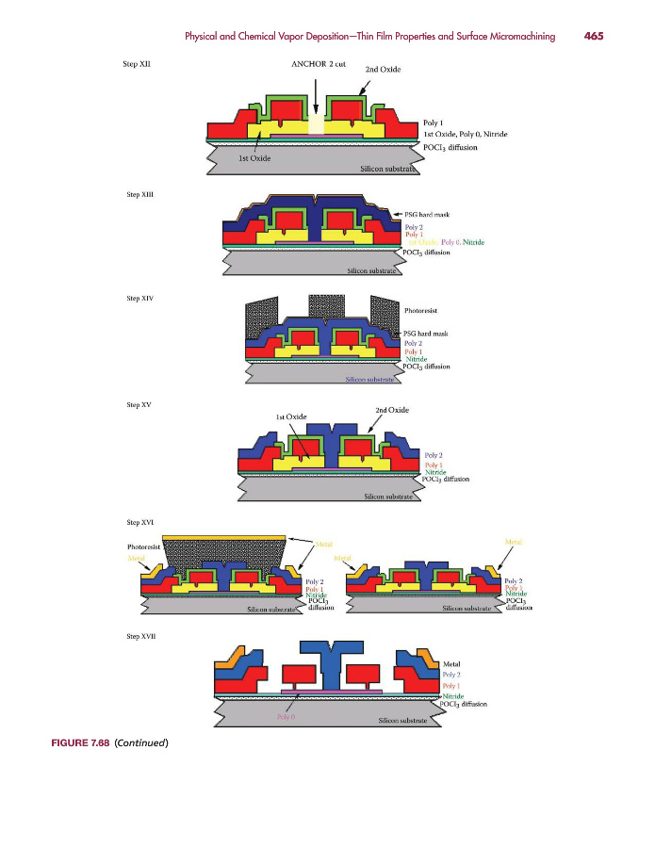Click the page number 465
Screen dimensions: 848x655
pyautogui.click(x=593, y=37)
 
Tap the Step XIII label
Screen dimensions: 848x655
pyautogui.click(x=139, y=195)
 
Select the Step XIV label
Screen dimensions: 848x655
pyautogui.click(x=139, y=298)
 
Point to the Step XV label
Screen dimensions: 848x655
pyautogui.click(x=139, y=404)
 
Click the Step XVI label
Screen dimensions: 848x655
pyautogui.click(x=139, y=521)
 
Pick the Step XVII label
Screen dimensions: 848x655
pyautogui.click(x=140, y=637)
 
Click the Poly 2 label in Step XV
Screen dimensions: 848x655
pyautogui.click(x=434, y=455)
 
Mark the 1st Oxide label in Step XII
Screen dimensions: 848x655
pyautogui.click(x=254, y=158)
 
